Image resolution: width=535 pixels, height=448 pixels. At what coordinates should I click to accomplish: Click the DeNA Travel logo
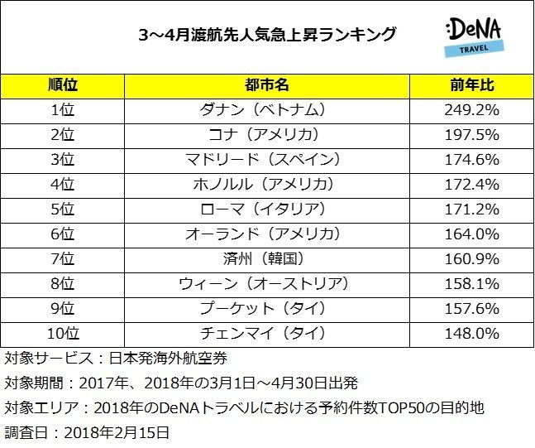click(471, 37)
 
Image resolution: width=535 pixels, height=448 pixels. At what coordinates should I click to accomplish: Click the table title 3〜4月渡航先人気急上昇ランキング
click(266, 35)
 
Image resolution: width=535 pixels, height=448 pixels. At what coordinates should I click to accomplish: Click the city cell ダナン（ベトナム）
click(266, 109)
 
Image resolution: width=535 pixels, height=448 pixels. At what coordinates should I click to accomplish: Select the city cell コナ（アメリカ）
click(266, 134)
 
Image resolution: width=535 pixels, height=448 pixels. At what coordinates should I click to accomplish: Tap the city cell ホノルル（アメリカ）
click(266, 184)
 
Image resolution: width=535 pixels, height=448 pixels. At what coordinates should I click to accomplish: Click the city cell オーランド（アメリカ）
click(266, 234)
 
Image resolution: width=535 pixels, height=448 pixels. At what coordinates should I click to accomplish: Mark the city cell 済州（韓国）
click(266, 258)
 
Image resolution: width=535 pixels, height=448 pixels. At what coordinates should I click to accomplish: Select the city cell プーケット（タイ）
click(266, 308)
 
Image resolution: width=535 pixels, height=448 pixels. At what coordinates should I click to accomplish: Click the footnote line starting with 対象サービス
click(116, 359)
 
